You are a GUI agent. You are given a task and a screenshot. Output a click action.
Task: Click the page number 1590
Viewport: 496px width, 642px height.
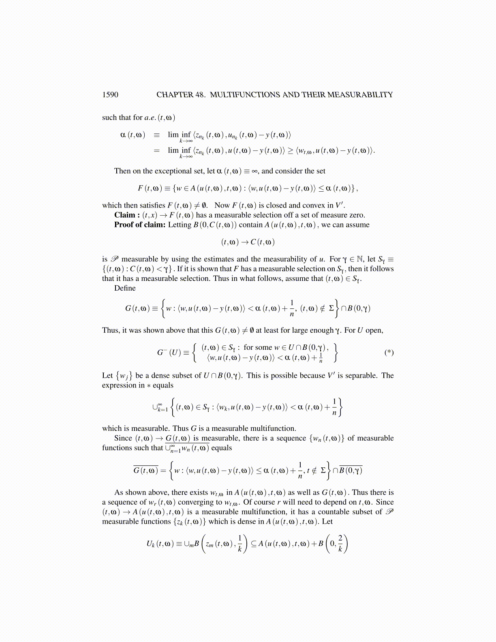[x=110, y=95]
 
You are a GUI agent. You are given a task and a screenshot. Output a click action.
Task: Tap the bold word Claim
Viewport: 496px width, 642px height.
[x=124, y=215]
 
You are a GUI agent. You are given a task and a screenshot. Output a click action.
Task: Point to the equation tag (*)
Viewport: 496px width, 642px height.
[x=389, y=352]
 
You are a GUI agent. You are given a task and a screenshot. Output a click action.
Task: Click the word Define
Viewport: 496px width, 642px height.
[x=125, y=288]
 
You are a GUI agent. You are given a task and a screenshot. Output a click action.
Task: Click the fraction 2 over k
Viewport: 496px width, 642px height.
[x=340, y=544]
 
